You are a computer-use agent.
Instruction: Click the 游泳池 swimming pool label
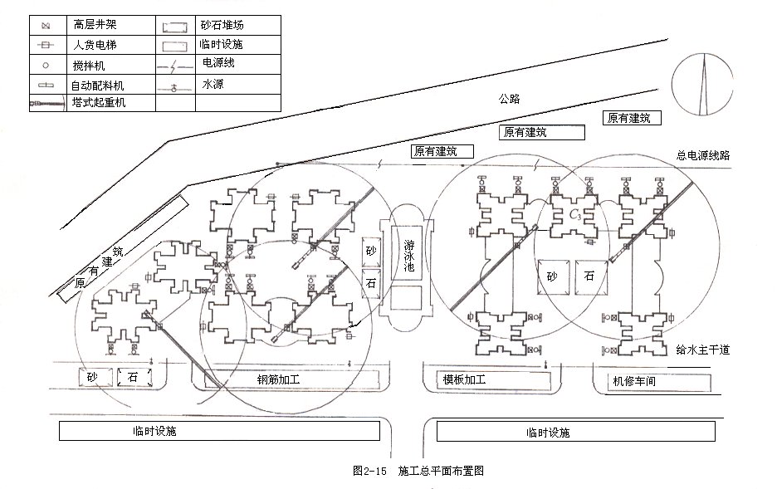tap(408, 256)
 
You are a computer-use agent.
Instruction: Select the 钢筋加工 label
tap(278, 379)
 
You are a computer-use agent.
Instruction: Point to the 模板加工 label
tap(464, 379)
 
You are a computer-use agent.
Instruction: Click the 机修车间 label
tap(634, 381)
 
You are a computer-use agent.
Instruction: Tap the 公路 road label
tap(509, 99)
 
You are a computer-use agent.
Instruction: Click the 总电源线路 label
tap(703, 155)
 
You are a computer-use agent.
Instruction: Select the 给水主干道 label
tap(703, 350)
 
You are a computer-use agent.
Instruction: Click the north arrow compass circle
tap(702, 84)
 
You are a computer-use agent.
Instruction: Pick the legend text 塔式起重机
tap(99, 103)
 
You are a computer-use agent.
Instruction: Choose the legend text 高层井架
tap(95, 24)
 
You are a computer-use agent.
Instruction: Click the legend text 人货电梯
tap(95, 45)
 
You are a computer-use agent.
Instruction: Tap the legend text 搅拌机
tap(89, 66)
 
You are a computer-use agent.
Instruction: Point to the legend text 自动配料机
tap(97, 86)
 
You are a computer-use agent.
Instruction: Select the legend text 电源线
tap(218, 63)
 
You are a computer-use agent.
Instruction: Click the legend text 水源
tap(213, 84)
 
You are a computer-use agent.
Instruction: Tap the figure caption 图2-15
tap(369, 471)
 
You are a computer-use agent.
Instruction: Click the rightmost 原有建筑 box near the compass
tap(632, 118)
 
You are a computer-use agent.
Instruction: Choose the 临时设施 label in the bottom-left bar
tap(154, 431)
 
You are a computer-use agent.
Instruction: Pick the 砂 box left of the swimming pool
tap(371, 251)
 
